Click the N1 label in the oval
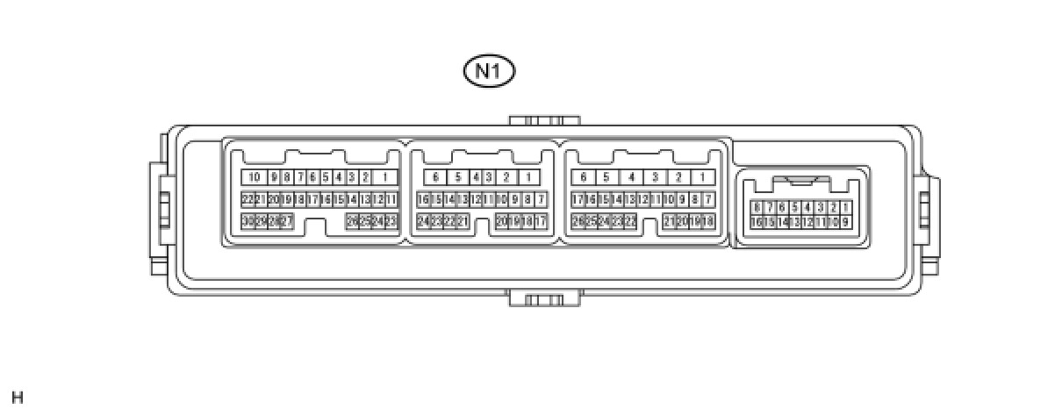click(x=489, y=72)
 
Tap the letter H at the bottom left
click(x=18, y=398)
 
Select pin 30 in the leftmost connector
click(x=248, y=221)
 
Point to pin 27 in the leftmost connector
click(x=286, y=221)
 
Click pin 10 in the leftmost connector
click(x=255, y=177)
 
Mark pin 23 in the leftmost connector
click(x=391, y=221)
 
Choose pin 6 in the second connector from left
click(x=436, y=177)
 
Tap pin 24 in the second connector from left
click(x=423, y=221)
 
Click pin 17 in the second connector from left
click(x=541, y=221)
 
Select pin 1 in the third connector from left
click(x=703, y=177)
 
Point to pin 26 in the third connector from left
click(x=578, y=221)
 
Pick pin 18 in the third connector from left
click(x=708, y=221)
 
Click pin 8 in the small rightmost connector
click(x=757, y=207)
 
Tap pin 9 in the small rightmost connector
click(x=845, y=222)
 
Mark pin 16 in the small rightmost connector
click(x=757, y=222)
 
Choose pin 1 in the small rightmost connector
click(x=845, y=207)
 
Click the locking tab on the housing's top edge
click(x=544, y=120)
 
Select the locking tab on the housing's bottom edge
click(x=544, y=299)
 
